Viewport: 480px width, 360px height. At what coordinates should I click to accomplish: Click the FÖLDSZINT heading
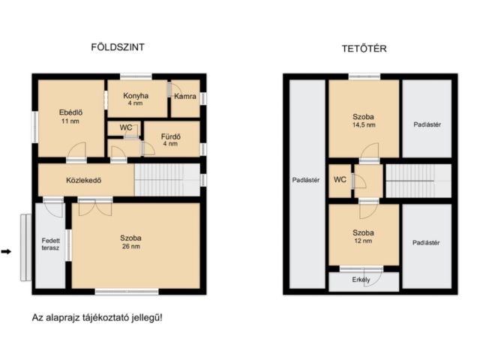118,47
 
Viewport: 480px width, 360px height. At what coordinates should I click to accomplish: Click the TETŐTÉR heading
364,49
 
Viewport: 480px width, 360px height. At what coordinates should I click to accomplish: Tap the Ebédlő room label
70,112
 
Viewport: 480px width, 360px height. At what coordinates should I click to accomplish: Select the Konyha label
136,95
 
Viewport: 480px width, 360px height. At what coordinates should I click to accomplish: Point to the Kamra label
185,96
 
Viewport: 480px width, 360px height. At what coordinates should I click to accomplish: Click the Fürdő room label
171,136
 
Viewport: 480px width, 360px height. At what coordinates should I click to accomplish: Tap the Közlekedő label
83,180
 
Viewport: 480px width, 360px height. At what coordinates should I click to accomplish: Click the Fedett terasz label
50,244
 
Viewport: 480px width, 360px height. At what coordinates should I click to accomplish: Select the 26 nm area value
131,247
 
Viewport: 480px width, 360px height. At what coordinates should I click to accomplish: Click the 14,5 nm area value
364,125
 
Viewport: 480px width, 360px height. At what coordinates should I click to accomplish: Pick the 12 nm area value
363,241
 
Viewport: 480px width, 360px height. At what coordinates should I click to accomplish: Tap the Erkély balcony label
361,280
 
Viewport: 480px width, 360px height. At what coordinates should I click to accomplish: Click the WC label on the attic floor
340,180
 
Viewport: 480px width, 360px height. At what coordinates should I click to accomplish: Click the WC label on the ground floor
126,127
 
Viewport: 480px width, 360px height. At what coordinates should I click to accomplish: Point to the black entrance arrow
6,252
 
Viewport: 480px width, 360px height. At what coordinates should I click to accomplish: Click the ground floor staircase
167,180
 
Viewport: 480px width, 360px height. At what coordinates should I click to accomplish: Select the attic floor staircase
418,181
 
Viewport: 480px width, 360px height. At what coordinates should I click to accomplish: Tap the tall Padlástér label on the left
306,180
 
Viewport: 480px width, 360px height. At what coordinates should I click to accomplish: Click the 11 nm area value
70,121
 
